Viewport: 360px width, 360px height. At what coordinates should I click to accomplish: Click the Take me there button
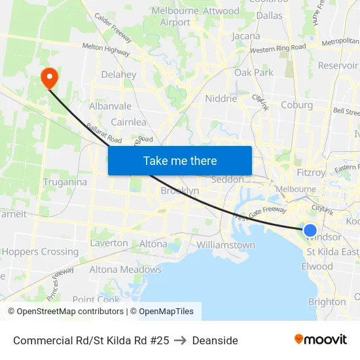(x=180, y=160)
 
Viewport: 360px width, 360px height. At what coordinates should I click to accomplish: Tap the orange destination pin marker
(x=49, y=78)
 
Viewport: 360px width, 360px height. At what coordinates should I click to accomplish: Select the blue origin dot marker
(x=310, y=230)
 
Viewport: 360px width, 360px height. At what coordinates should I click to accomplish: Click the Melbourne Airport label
(x=175, y=16)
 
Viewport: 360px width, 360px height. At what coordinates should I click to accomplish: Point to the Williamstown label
(x=226, y=245)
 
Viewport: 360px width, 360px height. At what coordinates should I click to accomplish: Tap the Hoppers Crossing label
(x=40, y=251)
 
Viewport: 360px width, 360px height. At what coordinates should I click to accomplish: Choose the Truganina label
(x=65, y=182)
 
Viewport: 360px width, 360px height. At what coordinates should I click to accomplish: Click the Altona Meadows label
(x=125, y=269)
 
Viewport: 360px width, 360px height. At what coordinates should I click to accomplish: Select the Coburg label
(x=297, y=105)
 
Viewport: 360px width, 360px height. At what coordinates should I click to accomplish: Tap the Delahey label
(x=118, y=75)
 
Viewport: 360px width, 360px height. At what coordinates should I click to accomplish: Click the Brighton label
(x=327, y=302)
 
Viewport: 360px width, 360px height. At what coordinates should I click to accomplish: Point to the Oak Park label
(x=254, y=73)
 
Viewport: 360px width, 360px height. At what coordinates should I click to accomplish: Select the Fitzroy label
(x=311, y=173)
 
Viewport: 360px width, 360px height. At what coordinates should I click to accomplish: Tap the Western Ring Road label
(x=278, y=48)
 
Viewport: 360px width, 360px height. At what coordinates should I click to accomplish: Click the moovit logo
(x=321, y=339)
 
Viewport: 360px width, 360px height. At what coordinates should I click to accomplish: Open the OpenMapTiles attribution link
(x=162, y=312)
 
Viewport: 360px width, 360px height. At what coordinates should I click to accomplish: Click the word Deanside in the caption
(x=215, y=340)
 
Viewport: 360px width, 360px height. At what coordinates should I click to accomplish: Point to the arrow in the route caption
(x=181, y=340)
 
